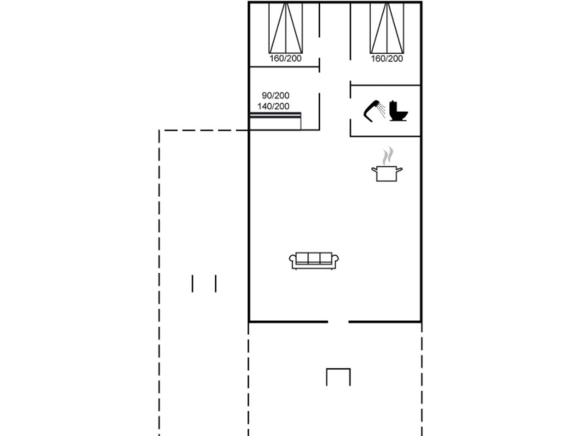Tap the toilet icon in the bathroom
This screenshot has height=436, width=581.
398,111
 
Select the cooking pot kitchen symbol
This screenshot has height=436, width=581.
386,174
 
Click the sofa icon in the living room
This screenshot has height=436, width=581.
314,261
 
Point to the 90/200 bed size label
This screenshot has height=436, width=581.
275,96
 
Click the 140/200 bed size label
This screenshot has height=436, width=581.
273,106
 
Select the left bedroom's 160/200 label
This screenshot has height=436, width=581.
286,58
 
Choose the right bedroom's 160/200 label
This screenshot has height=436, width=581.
387,59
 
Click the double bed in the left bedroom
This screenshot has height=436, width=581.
286,28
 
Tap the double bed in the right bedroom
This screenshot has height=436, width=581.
387,28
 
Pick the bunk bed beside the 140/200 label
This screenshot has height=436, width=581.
275,121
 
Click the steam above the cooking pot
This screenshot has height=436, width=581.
388,155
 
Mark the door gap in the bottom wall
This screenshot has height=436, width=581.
338,322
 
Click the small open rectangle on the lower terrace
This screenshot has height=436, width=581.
338,369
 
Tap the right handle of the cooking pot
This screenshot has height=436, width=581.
399,170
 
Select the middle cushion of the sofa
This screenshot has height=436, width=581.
314,258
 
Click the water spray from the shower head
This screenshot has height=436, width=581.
381,110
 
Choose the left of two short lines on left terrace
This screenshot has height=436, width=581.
193,284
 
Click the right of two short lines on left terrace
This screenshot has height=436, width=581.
216,284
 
